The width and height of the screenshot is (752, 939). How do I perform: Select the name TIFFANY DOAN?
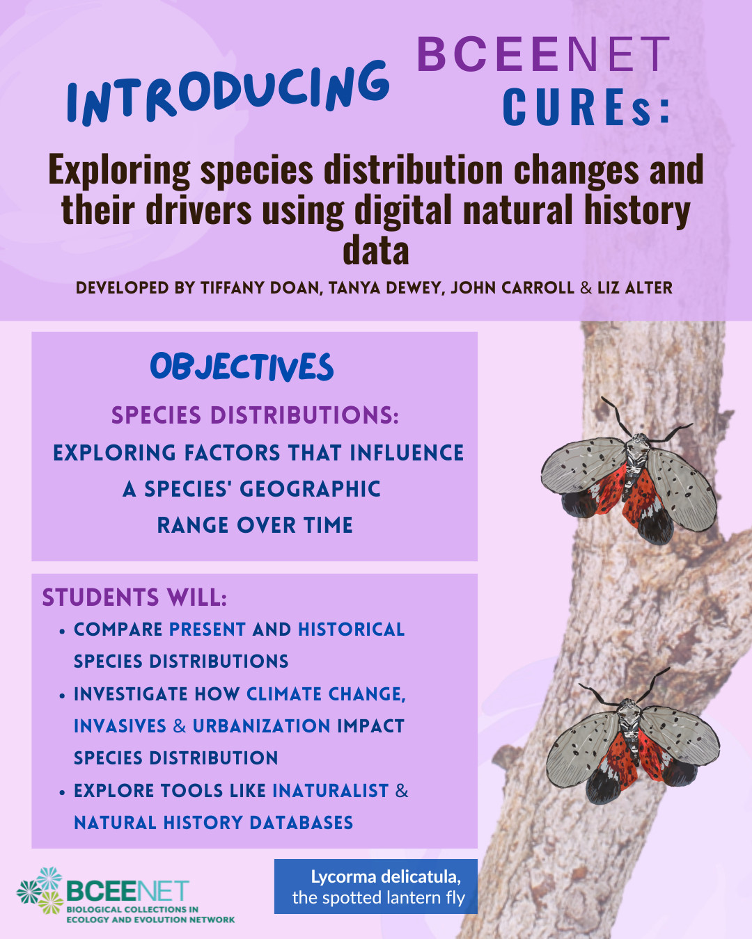pos(260,288)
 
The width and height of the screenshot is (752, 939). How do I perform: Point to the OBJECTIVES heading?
pos(242,367)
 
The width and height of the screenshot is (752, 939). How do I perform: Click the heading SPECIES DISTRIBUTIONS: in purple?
pos(255,415)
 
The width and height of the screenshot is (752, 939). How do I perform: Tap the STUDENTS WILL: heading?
pos(134,597)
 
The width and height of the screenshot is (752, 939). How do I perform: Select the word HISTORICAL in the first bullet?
pos(352,629)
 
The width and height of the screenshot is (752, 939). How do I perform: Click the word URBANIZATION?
pos(261,726)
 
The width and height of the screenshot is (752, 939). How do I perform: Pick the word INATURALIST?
pos(331,791)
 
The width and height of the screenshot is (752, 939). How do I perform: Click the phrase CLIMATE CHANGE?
pos(326,694)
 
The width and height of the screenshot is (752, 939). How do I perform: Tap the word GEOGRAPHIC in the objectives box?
pos(310,489)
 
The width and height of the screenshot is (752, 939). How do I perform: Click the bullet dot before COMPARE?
pos(62,632)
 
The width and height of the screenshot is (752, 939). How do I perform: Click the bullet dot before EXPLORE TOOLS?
pos(62,792)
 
